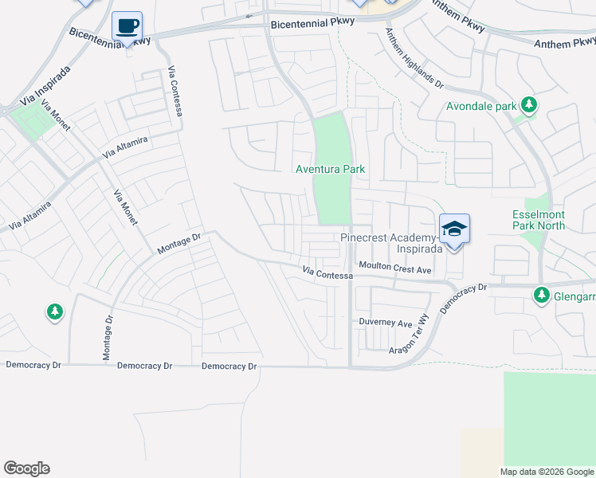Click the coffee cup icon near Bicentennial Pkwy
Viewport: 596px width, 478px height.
point(127,25)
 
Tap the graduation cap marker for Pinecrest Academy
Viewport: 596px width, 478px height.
point(454,229)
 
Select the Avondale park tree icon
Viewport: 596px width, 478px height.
point(528,104)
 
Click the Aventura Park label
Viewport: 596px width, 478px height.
point(330,170)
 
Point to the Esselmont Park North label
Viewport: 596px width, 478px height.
point(539,220)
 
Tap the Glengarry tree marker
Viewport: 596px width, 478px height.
point(542,296)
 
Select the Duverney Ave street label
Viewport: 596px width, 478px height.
point(384,323)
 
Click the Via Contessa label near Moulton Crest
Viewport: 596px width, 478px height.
point(327,274)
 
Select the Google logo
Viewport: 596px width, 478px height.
point(26,468)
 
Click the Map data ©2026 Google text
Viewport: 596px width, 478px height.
point(546,472)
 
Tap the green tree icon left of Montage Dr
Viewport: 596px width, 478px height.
point(54,311)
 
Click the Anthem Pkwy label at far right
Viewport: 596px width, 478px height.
point(563,41)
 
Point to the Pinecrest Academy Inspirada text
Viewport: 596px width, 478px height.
point(390,243)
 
